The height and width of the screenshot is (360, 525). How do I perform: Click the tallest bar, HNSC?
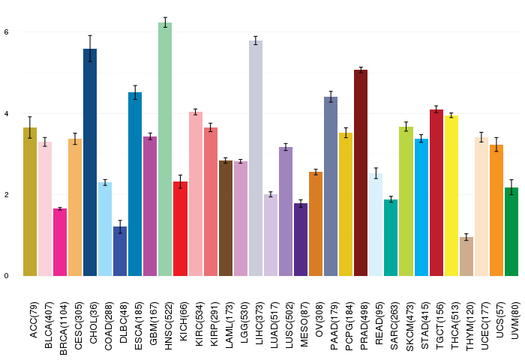point(165,149)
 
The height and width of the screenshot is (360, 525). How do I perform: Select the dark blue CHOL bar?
point(90,163)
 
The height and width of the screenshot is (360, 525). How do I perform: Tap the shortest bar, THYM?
point(466,256)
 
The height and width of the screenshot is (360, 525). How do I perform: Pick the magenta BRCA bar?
point(60,242)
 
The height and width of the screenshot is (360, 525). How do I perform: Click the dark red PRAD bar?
point(361,173)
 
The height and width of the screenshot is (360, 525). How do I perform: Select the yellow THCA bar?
point(451,196)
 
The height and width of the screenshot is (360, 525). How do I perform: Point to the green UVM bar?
point(511,232)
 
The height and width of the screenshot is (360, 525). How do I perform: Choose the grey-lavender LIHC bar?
point(256,158)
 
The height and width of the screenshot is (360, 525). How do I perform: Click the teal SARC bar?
point(391,238)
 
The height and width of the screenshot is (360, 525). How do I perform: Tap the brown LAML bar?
point(226,218)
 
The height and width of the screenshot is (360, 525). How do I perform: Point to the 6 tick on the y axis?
point(6,32)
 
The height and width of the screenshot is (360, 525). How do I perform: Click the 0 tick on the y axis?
point(6,276)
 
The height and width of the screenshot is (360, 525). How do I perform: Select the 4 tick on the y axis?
point(6,113)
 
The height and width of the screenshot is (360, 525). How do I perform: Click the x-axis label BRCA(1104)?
point(63,328)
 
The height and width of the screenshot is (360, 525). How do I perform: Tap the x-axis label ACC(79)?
point(34,319)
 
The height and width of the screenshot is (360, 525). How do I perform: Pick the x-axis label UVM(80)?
point(515,320)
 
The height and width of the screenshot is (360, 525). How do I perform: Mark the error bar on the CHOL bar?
point(90,49)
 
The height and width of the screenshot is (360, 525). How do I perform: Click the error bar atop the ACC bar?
point(30,127)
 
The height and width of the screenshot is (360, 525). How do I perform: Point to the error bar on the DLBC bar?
point(120,226)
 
